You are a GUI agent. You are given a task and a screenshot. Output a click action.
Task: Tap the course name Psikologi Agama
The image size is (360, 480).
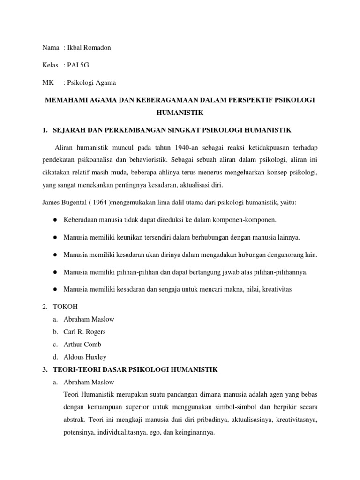pos(92,82)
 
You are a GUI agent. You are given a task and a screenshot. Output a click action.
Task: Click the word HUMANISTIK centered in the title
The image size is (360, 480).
pos(180,113)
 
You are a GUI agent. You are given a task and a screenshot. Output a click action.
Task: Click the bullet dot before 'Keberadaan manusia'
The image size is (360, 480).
pos(55,220)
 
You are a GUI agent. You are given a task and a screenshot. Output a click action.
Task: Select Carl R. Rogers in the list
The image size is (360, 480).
pos(85,332)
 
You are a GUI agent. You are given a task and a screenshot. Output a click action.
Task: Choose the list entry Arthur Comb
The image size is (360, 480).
pos(82,344)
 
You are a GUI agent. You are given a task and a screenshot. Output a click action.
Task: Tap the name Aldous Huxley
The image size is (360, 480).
pos(85,357)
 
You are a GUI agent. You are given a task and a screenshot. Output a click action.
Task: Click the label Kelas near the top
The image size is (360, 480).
pos(50,65)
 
